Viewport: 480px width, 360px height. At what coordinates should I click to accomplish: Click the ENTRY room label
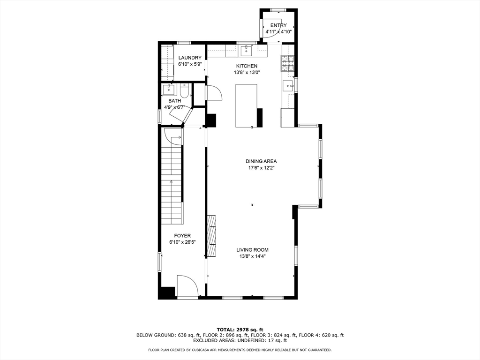[278, 25]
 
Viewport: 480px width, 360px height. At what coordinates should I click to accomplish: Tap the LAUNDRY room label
[190, 58]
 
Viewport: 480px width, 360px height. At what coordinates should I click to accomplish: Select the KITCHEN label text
[247, 66]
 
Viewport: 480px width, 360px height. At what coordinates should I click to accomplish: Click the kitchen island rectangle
[246, 105]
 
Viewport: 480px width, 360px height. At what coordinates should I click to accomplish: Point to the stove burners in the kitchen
[287, 63]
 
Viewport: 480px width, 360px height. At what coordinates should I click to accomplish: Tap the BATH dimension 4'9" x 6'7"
[174, 107]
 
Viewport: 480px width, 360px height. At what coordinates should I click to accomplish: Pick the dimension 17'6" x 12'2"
[262, 168]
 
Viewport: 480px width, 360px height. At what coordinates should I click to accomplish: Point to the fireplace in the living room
[211, 236]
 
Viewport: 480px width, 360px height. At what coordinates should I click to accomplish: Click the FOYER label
[182, 236]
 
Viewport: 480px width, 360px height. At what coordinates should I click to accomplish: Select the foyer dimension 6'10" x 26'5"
[182, 242]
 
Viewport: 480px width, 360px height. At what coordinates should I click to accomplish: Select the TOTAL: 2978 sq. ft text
[240, 330]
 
